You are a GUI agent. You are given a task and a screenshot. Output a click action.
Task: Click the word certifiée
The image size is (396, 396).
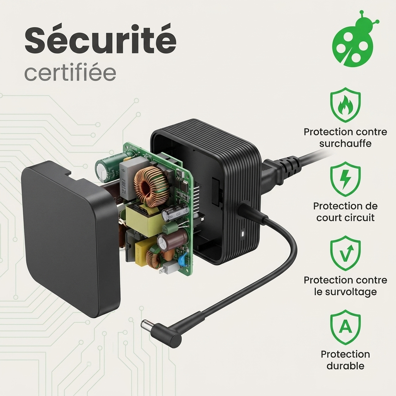click(x=70, y=73)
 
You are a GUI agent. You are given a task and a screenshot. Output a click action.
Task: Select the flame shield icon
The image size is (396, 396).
click(x=345, y=105)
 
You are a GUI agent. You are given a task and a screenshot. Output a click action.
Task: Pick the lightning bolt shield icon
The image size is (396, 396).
click(x=345, y=179)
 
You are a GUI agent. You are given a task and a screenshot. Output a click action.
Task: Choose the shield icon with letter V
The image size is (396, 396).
click(x=345, y=253)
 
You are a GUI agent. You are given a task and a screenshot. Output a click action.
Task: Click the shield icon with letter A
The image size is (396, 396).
click(x=345, y=327)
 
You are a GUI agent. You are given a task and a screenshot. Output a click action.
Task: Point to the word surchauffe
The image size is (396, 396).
click(x=345, y=143)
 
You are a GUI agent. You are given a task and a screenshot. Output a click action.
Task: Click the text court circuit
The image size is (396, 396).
click(x=345, y=217)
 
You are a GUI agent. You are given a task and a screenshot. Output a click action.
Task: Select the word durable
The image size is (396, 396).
click(x=345, y=366)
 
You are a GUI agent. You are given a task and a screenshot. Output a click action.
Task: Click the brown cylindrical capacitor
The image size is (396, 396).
click(x=172, y=241)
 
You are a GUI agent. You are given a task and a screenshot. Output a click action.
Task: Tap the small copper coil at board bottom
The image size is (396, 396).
click(x=154, y=258)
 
